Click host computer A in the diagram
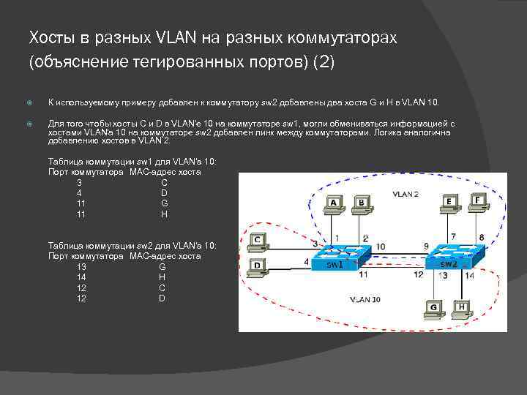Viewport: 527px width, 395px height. pos(334,204)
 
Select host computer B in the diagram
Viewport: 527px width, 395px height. pos(360,204)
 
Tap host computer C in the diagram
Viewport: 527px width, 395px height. pos(258,241)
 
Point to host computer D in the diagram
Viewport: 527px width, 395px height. pos(258,268)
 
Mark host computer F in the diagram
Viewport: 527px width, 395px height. pos(477,201)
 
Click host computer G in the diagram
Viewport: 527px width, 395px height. pos(433,309)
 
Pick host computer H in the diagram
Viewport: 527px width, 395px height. pos(462,309)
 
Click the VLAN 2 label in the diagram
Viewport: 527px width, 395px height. pos(405,195)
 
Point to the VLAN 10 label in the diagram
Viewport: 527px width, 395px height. pos(365,299)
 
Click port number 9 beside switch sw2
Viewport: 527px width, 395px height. pos(426,246)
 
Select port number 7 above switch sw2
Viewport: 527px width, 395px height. pos(453,237)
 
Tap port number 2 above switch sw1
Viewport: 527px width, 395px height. pos(365,238)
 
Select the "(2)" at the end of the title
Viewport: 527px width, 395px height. pos(323,63)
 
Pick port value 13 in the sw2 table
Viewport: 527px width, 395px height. pos(81,267)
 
